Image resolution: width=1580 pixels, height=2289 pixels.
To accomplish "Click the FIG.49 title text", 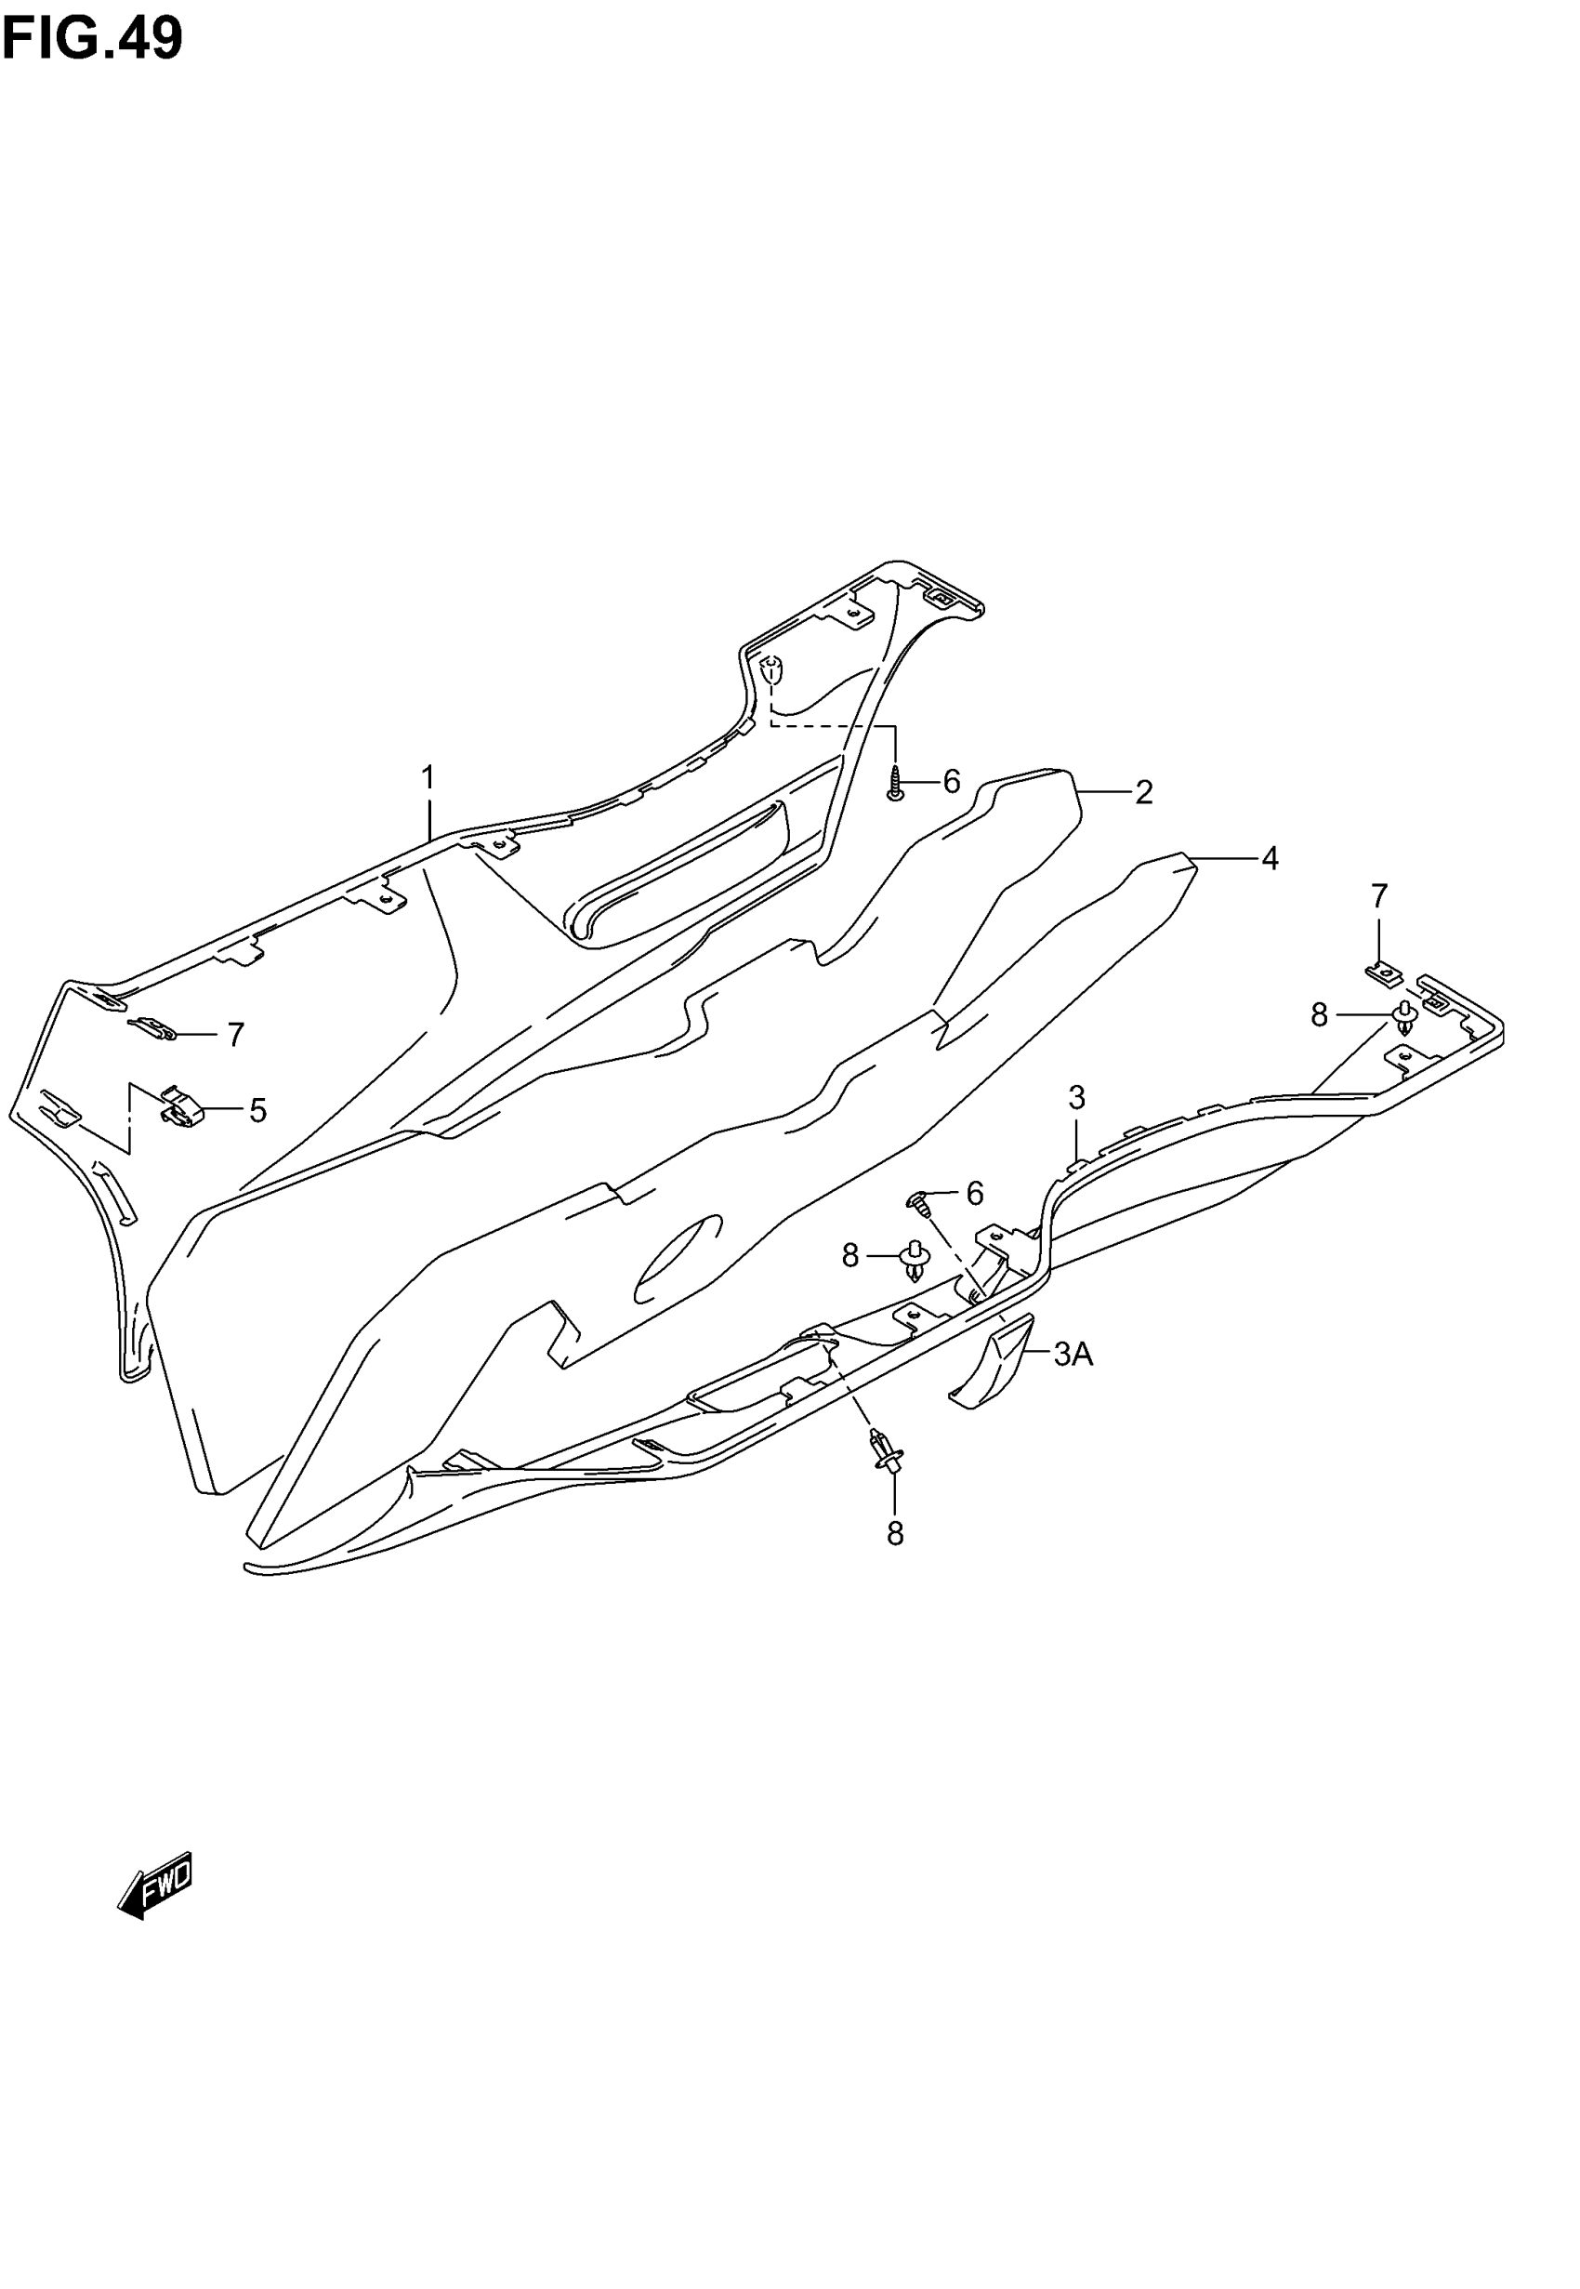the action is point(92,40).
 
